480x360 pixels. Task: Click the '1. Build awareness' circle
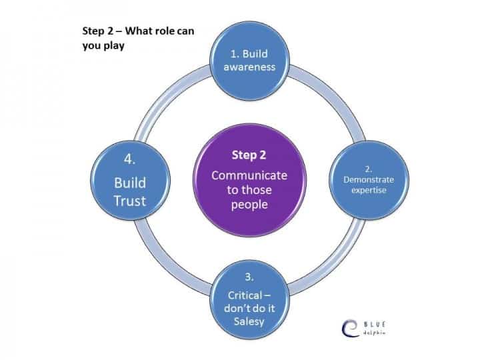249,61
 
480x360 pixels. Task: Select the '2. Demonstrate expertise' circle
369,180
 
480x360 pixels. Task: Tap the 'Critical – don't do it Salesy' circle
249,299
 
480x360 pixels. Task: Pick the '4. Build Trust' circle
131,180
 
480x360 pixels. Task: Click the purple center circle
249,180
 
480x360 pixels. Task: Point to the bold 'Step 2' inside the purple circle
249,155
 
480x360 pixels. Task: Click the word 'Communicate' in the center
249,175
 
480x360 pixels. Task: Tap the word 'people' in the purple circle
249,205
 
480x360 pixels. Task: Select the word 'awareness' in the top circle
249,67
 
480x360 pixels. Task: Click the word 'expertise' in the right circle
369,191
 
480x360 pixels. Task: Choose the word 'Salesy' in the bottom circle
249,322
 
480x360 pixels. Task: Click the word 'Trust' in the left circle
130,201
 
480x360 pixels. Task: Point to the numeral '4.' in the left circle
129,159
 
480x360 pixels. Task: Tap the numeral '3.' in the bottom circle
249,277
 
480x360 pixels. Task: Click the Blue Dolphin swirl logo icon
350,328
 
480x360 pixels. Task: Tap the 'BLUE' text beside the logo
375,325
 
